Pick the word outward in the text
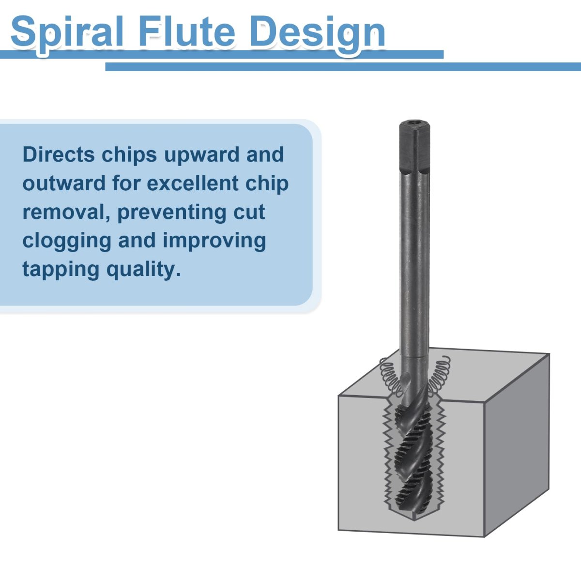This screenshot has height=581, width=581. tap(64, 183)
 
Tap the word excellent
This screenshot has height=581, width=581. tap(193, 183)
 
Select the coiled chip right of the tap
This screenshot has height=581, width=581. tap(439, 375)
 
